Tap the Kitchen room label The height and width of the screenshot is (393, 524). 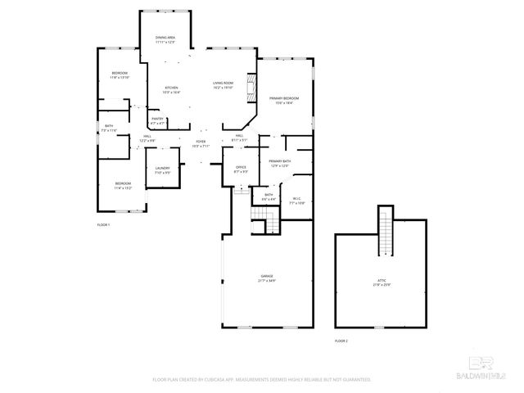click(x=171, y=89)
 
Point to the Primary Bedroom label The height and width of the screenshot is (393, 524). click(x=284, y=100)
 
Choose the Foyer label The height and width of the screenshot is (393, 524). click(x=201, y=143)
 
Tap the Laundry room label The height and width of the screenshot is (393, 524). click(x=163, y=169)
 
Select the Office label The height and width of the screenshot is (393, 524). click(x=241, y=169)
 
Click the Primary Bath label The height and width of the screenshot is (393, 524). click(x=281, y=163)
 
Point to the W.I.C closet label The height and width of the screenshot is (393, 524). click(x=297, y=201)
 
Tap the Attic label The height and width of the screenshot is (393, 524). click(x=382, y=283)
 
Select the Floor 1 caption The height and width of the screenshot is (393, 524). click(x=103, y=224)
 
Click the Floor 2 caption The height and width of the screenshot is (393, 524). click(x=341, y=340)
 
